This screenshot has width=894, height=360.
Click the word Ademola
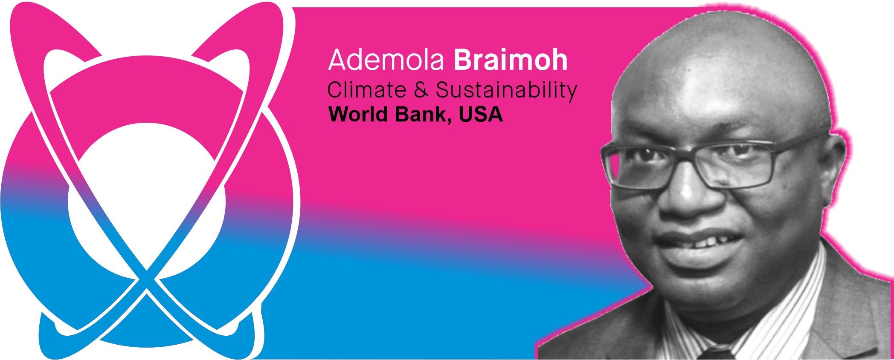pos(386,60)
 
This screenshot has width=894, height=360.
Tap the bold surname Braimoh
pos(511,60)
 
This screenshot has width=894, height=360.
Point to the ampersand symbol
pos(421,90)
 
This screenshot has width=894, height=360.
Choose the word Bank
pos(420,114)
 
